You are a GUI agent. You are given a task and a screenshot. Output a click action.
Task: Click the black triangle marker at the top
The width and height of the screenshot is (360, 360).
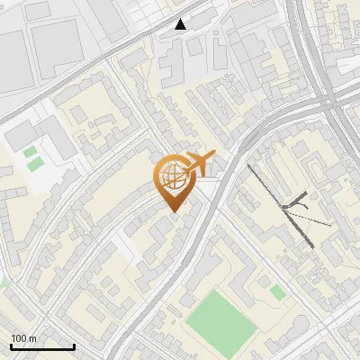[181, 23]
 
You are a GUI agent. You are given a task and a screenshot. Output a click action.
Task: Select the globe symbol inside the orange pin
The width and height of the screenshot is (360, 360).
[171, 177]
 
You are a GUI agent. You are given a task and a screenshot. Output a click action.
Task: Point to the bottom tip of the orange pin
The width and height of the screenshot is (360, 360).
[172, 211]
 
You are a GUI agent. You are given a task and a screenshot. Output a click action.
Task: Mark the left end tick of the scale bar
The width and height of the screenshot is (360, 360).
[11, 346]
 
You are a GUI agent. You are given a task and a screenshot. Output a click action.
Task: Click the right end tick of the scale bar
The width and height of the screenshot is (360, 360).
[74, 346]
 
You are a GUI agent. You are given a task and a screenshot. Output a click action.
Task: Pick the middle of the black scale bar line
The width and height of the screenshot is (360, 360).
[42, 347]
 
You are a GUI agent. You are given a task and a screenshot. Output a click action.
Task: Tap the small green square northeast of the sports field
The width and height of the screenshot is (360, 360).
[277, 292]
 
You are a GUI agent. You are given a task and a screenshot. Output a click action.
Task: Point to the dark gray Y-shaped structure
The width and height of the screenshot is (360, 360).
[295, 206]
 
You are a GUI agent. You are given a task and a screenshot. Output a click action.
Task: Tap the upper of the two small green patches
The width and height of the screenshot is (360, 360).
[31, 151]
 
